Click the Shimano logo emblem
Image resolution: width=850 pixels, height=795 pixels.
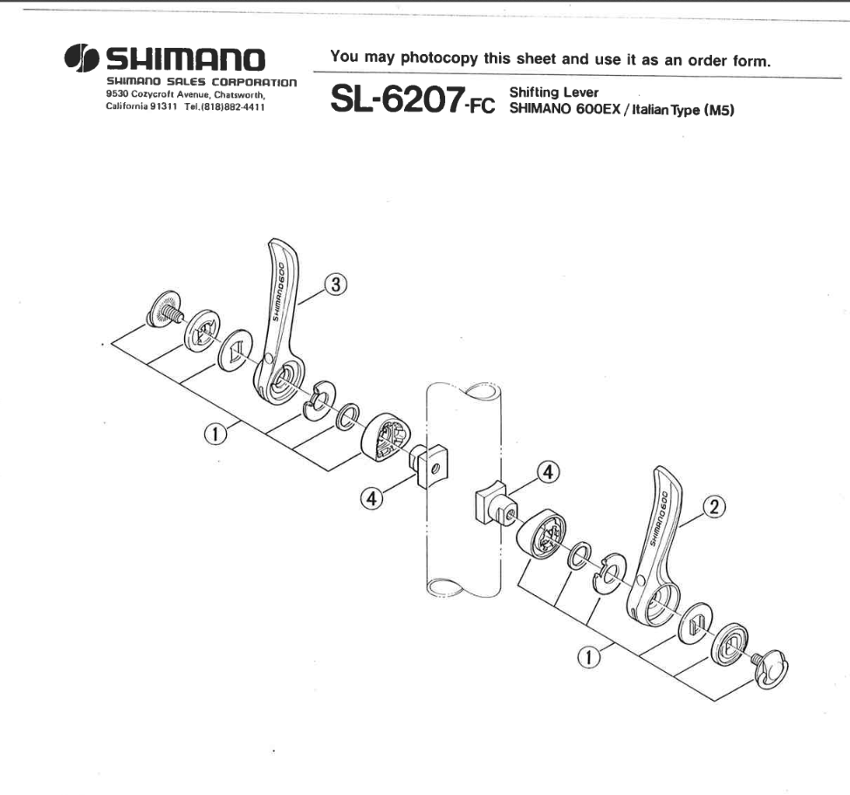pyautogui.click(x=81, y=58)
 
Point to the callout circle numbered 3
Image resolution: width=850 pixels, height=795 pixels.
pyautogui.click(x=336, y=284)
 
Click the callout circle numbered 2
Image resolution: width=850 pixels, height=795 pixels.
pyautogui.click(x=714, y=507)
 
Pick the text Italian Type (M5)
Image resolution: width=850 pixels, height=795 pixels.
pyautogui.click(x=683, y=109)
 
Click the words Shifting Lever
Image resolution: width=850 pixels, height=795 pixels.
pyautogui.click(x=554, y=93)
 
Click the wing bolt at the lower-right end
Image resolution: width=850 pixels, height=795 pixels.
pyautogui.click(x=771, y=668)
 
